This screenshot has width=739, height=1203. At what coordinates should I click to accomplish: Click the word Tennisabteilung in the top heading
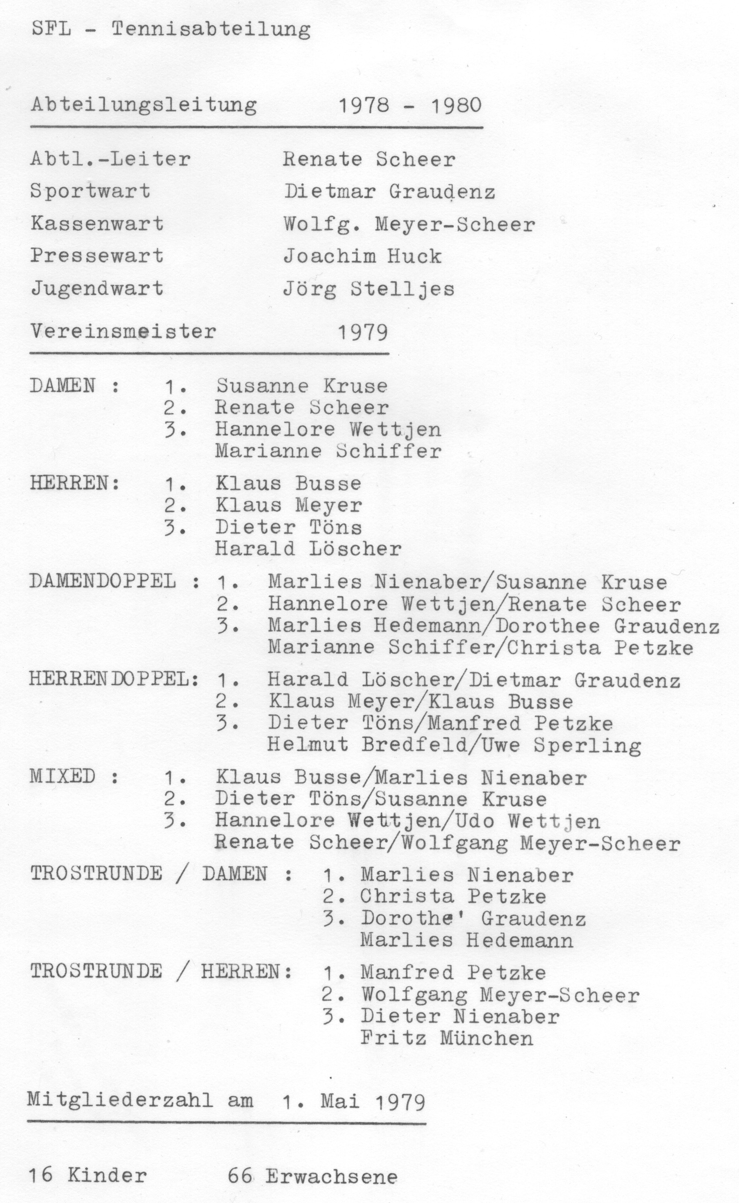tap(211, 29)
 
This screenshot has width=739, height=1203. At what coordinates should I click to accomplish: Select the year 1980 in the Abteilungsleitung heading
tap(456, 106)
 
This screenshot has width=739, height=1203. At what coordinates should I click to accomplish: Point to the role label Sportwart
tap(90, 191)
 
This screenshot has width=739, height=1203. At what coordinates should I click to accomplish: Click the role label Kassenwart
tap(97, 223)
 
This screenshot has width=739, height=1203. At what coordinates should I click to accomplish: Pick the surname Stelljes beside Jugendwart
tap(402, 289)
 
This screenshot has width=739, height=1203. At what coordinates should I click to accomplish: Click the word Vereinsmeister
tap(123, 332)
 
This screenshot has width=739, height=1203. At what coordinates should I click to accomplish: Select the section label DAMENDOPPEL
tap(103, 581)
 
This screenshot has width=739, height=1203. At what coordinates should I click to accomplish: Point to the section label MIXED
tap(63, 776)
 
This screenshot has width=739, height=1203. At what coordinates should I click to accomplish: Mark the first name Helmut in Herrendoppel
tap(307, 744)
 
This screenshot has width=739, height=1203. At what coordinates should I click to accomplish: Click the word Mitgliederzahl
tap(120, 1100)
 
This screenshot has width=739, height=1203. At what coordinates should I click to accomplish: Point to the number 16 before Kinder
tap(40, 1175)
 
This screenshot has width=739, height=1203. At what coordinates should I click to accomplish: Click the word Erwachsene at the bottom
tap(331, 1176)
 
